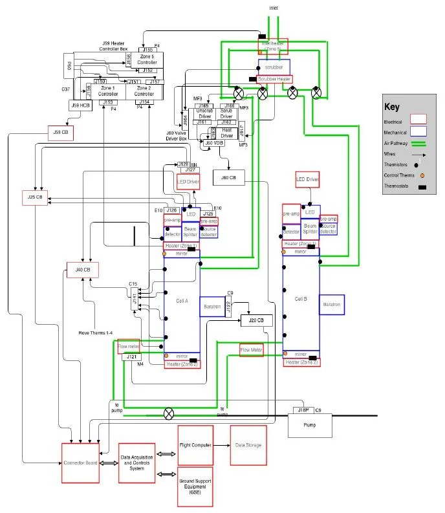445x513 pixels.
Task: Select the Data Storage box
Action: click(x=248, y=446)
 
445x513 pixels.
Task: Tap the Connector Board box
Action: click(x=80, y=463)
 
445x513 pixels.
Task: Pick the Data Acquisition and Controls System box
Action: click(x=136, y=463)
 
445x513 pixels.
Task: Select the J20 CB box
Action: click(x=256, y=320)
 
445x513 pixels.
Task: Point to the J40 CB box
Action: click(x=82, y=269)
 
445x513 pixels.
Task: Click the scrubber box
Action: click(x=274, y=67)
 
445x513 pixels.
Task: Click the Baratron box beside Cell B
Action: click(x=332, y=304)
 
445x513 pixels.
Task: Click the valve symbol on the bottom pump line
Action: click(x=169, y=412)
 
